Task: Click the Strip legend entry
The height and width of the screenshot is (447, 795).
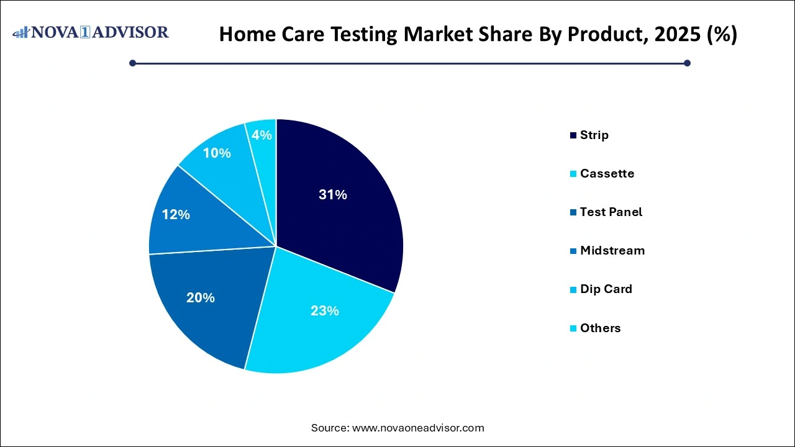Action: pos(594,135)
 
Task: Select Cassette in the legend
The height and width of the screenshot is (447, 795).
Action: pos(607,173)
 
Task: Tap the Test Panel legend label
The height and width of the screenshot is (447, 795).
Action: pos(611,212)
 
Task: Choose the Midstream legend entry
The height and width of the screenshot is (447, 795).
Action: pos(612,250)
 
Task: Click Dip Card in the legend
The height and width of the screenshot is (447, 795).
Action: pos(606,289)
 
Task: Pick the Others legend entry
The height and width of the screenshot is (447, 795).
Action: pos(600,328)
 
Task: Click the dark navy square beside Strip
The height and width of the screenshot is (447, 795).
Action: pos(573,135)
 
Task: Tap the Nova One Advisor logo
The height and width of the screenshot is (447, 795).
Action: pos(91,32)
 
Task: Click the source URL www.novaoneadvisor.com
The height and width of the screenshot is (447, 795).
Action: pos(418,428)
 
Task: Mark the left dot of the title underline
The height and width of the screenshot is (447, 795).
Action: pos(132,63)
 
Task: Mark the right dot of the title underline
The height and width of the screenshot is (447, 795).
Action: pos(687,63)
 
